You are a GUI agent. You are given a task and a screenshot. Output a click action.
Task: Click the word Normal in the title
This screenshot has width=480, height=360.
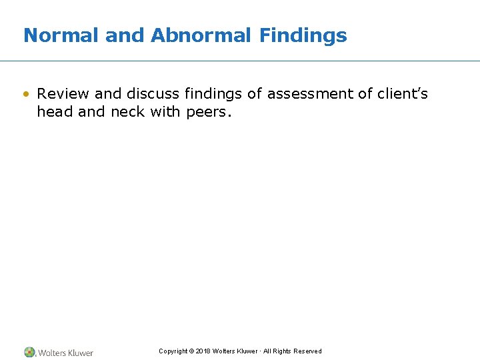(x=61, y=35)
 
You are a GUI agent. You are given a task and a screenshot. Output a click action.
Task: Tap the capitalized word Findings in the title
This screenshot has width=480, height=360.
(x=303, y=35)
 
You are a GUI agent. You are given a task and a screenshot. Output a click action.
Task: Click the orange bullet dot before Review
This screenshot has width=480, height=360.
(x=27, y=94)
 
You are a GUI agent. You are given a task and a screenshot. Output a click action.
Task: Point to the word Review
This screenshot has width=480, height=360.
(x=63, y=94)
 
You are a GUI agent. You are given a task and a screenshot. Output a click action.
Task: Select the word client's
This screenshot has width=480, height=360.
(x=402, y=94)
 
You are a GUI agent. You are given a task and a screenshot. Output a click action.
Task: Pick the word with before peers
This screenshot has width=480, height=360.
(x=165, y=112)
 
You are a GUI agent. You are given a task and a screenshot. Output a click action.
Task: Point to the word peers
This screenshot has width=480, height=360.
(x=208, y=112)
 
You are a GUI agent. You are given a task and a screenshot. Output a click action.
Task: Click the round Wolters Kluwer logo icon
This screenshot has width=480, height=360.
(x=29, y=352)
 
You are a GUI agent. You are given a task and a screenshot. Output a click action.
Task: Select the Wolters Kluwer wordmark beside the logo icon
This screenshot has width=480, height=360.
(x=65, y=353)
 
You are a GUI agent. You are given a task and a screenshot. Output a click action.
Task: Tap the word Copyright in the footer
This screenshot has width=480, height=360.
(x=173, y=351)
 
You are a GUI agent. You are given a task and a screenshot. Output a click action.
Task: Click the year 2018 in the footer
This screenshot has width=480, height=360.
(x=203, y=351)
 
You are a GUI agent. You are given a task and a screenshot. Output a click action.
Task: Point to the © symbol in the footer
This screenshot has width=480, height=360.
(x=191, y=351)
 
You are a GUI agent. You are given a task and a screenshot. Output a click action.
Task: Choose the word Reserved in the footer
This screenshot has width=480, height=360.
(x=307, y=351)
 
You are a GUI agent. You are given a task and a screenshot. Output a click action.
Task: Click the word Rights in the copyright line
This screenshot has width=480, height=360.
(x=281, y=351)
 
